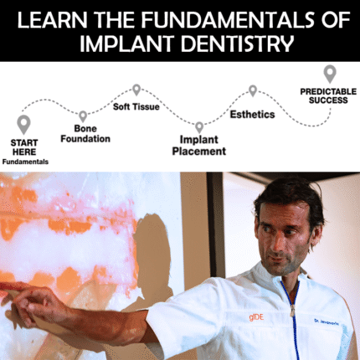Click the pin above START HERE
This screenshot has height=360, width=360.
pyautogui.click(x=23, y=124)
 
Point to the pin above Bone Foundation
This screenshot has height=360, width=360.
pyautogui.click(x=82, y=116)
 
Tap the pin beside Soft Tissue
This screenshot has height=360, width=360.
pyautogui.click(x=136, y=89)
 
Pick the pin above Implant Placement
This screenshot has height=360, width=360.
pyautogui.click(x=198, y=126)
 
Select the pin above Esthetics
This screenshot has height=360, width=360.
pyautogui.click(x=252, y=90)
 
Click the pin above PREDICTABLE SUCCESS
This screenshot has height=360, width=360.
pyautogui.click(x=330, y=74)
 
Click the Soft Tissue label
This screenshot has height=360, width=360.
pyautogui.click(x=136, y=106)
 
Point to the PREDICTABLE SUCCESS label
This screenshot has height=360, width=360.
pyautogui.click(x=328, y=96)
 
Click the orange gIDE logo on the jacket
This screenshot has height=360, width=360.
pyautogui.click(x=232, y=316)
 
